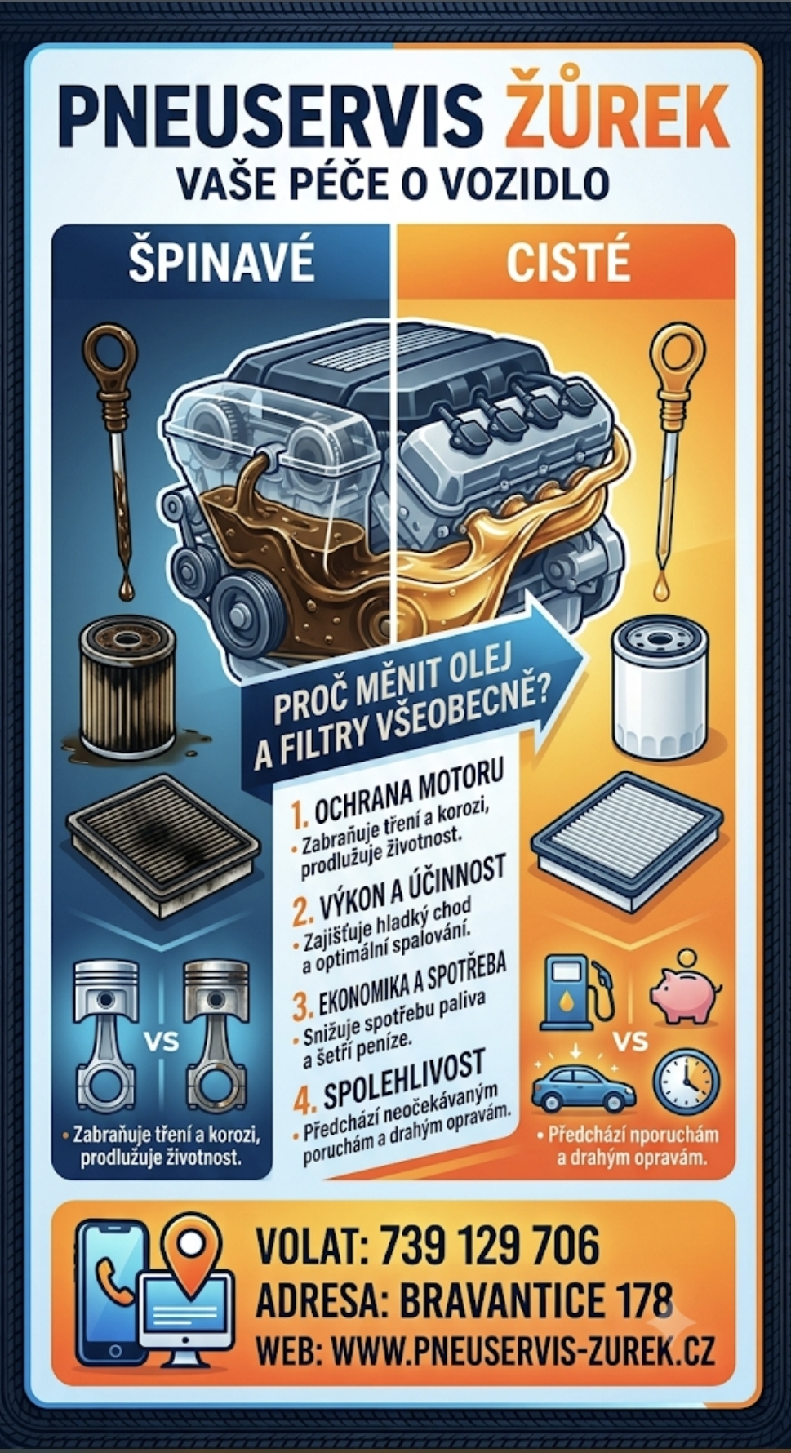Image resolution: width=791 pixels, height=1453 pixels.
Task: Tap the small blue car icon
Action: (583, 1086)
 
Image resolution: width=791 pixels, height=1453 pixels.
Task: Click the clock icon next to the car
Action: (686, 1083)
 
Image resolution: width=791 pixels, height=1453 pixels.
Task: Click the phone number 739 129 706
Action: (489, 1246)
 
